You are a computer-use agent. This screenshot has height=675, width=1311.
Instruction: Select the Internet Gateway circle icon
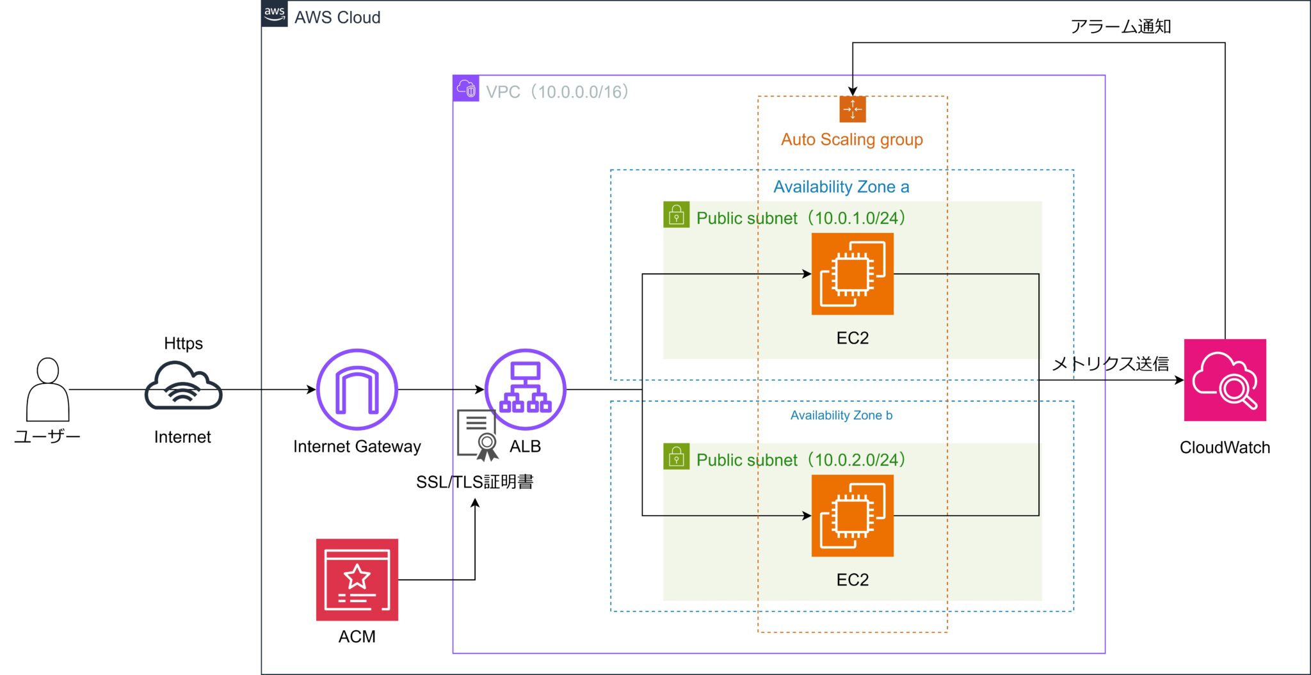coord(357,389)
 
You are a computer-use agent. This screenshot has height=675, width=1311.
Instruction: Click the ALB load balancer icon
coord(525,389)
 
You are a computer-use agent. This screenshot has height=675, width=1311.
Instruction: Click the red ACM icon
coord(357,580)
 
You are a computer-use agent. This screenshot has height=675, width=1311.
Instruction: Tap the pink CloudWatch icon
coord(1225,380)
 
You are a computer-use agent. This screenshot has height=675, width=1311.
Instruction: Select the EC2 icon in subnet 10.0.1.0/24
coord(852,274)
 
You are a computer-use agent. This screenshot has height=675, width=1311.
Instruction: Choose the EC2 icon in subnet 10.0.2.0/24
coord(852,516)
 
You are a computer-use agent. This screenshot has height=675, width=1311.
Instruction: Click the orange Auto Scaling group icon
coord(852,109)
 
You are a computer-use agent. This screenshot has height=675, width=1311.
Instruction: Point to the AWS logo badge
coord(275,13)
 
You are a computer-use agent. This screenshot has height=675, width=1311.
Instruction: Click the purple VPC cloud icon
coord(466,88)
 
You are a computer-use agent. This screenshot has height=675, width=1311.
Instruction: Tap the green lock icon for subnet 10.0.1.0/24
coord(676,215)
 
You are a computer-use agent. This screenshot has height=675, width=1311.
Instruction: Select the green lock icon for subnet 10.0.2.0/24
coord(676,457)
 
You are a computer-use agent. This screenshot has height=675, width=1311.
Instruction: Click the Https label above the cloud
coord(183,344)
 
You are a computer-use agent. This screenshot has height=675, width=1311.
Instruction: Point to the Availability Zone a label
coord(841,187)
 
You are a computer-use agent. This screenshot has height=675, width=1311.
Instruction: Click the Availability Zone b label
coord(841,415)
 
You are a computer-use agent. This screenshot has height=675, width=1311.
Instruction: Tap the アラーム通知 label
coord(1121,26)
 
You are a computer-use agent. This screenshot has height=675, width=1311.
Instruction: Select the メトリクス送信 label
coord(1111,363)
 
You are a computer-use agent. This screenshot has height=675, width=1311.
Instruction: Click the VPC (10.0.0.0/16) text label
coord(557,92)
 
